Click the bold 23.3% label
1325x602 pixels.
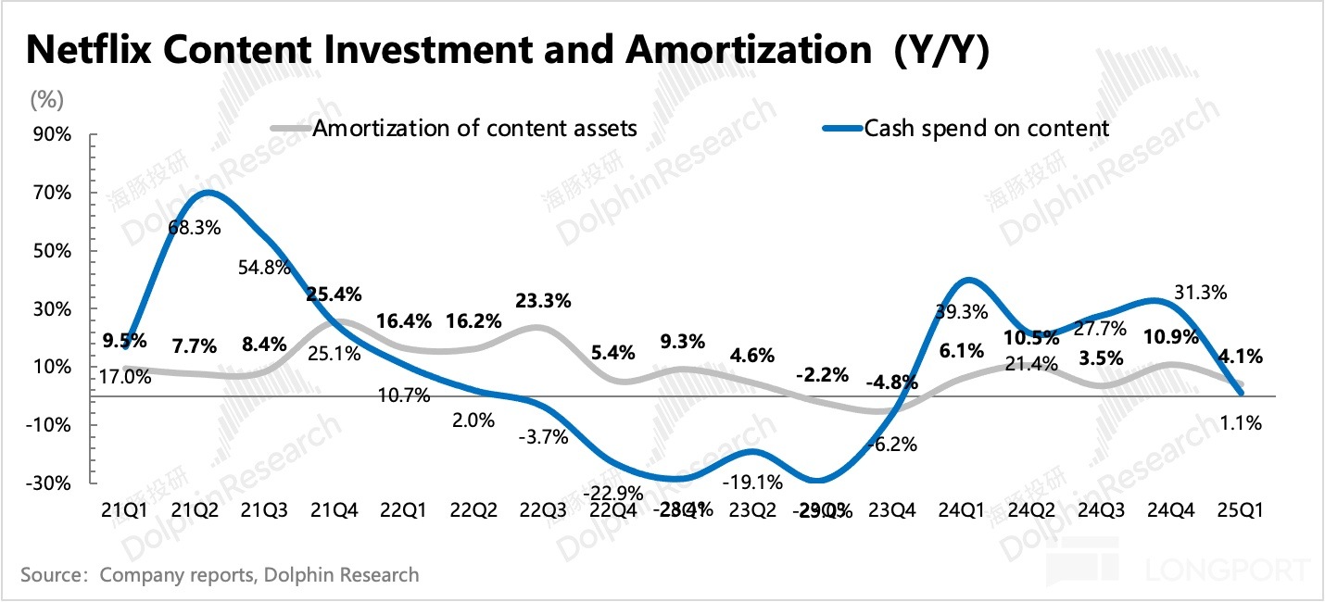tap(540, 300)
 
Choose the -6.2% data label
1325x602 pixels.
tap(890, 444)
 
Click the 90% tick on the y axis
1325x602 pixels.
tap(54, 135)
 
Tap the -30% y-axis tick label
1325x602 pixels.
tap(50, 483)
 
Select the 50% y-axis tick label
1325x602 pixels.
tap(54, 251)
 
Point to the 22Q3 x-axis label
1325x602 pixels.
tap(539, 510)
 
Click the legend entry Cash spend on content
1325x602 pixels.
tap(986, 128)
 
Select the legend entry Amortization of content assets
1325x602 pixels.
tap(474, 128)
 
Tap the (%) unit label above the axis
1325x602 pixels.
tap(47, 97)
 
